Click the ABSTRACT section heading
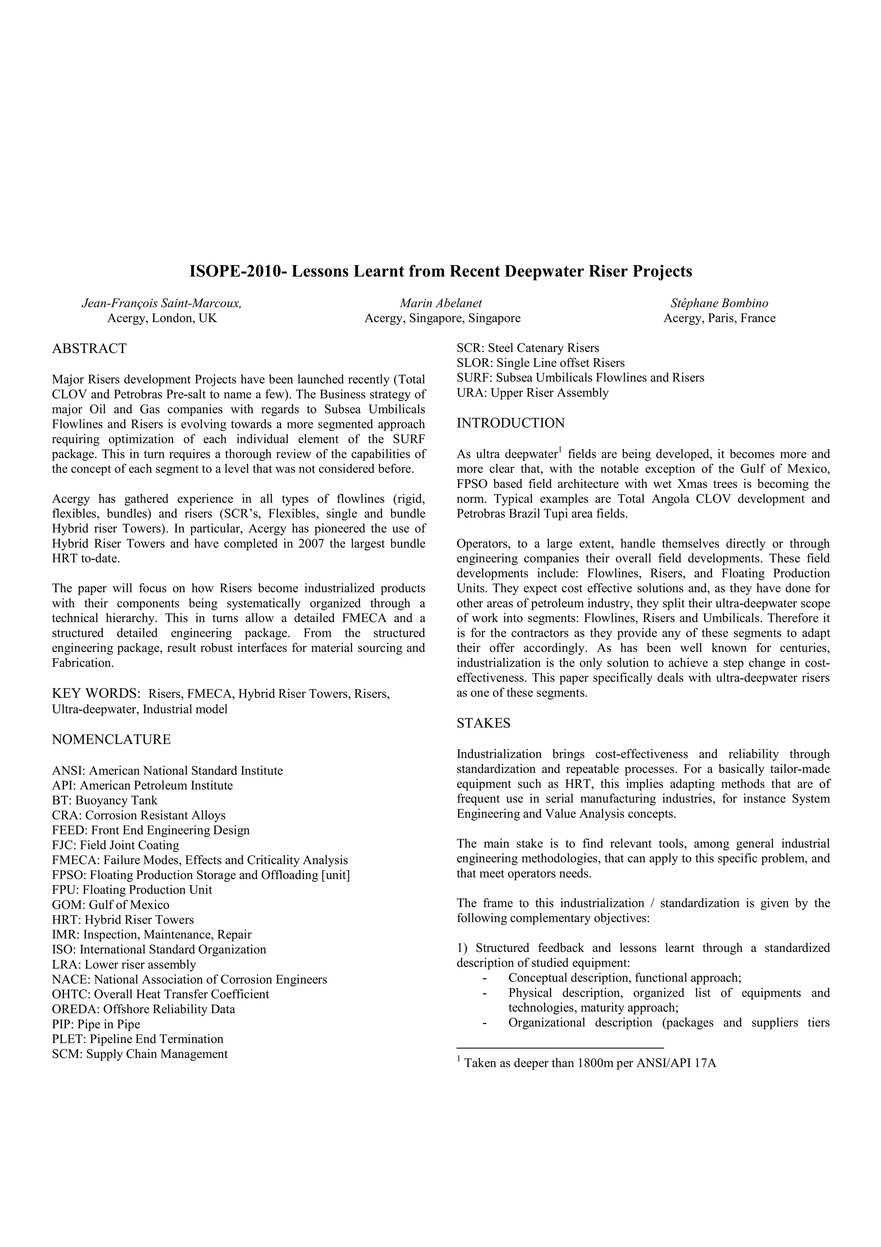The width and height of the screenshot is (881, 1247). pos(89,349)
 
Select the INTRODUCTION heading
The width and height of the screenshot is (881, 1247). pos(510,423)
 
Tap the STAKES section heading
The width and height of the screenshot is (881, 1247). pos(483,723)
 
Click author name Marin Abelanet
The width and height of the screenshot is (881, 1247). pos(441,303)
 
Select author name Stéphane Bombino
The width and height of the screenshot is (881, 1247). pos(719,303)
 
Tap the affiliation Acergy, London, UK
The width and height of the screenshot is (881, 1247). pos(162,318)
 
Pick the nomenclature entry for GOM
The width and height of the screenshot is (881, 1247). pos(110,905)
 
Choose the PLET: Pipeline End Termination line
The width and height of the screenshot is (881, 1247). pos(137,1039)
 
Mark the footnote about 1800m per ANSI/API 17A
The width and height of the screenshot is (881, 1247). pos(588,1063)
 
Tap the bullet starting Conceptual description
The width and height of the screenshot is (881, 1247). pos(624,978)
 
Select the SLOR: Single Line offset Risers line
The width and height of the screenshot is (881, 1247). pos(540,363)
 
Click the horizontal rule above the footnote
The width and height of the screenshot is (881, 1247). pos(560,1047)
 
